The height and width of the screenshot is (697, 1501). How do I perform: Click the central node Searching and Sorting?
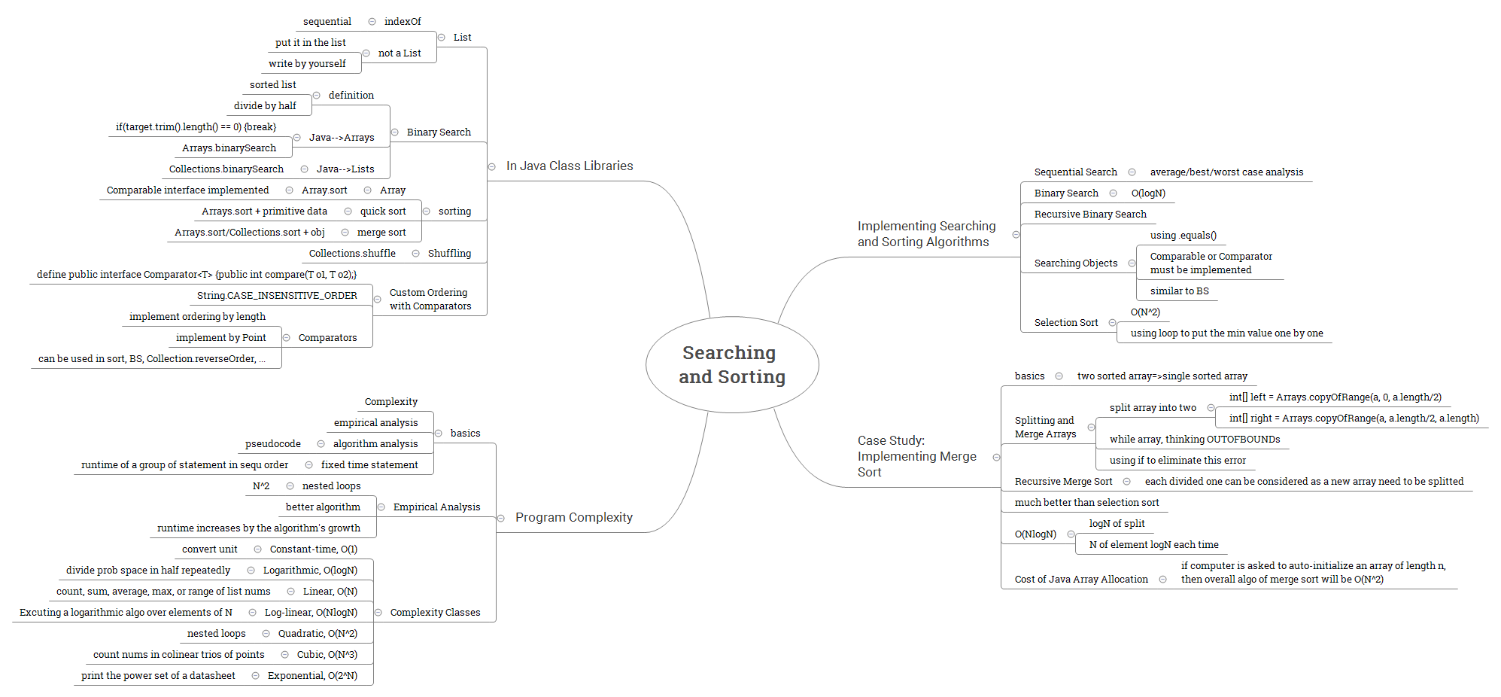point(732,365)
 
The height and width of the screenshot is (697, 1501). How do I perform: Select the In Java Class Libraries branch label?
point(570,166)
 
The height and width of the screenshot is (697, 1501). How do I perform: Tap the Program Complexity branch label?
point(574,518)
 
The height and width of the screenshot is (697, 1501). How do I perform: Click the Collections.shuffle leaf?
point(352,254)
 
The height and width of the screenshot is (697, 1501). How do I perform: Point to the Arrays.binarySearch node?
point(229,148)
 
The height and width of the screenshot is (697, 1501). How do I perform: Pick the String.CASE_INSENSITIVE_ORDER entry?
point(277,296)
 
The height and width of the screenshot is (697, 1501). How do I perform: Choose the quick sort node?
point(383,212)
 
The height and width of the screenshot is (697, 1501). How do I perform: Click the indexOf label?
point(403,22)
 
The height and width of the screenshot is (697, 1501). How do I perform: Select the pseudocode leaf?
point(273,444)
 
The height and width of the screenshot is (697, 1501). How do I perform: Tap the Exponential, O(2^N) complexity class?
point(312,676)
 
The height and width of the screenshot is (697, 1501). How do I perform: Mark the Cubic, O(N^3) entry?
point(327,655)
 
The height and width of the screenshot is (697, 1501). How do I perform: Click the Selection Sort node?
point(1066,323)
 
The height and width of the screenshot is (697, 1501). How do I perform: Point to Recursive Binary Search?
point(1090,215)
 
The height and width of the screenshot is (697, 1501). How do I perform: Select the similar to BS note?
point(1179,291)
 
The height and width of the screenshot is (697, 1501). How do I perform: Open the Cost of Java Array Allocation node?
point(1081,580)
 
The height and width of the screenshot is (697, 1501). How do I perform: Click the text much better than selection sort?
point(1086,503)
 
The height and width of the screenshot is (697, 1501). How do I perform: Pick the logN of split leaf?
point(1117,524)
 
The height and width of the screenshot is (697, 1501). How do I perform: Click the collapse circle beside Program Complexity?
point(501,518)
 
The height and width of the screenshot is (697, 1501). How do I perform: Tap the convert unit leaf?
point(210,549)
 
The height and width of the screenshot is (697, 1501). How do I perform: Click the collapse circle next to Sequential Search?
point(1132,172)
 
